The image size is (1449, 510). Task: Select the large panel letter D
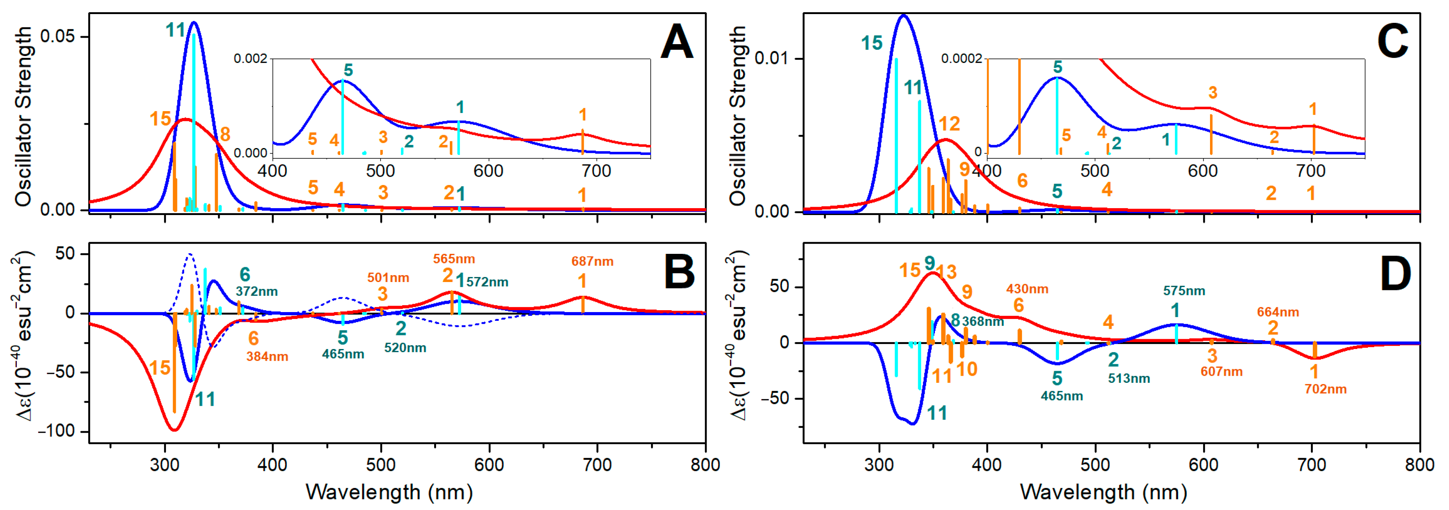pyautogui.click(x=1395, y=274)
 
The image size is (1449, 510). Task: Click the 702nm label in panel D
pyautogui.click(x=1325, y=389)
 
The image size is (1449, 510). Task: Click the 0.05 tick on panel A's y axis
pyautogui.click(x=57, y=37)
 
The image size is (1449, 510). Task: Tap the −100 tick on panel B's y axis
pyautogui.click(x=56, y=431)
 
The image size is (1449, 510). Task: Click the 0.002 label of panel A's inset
pyautogui.click(x=250, y=59)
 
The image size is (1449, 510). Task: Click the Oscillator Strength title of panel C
pyautogui.click(x=737, y=115)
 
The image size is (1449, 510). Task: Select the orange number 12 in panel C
pyautogui.click(x=949, y=124)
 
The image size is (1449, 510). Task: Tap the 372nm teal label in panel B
pyautogui.click(x=256, y=291)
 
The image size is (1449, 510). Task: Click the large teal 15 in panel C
pyautogui.click(x=871, y=43)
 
